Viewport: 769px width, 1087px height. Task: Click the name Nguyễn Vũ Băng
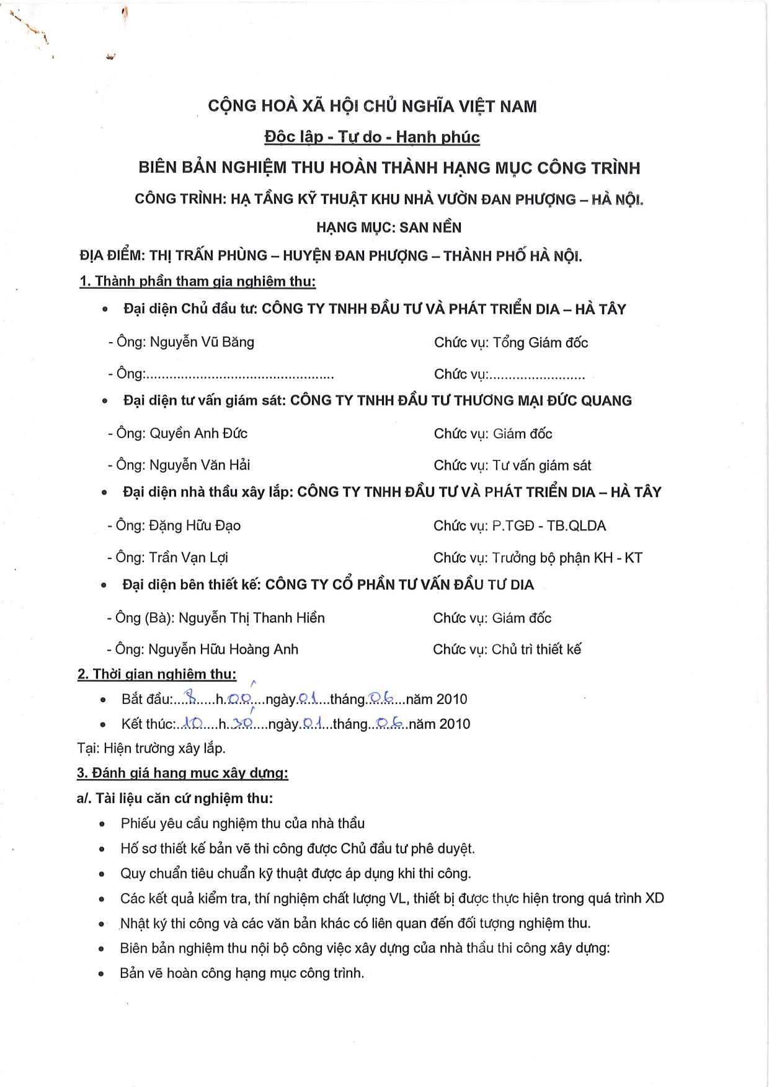(202, 342)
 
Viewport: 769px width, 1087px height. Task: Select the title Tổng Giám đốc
(540, 343)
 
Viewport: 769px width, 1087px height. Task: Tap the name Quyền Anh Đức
(198, 433)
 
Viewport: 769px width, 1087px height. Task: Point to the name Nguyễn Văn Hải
(200, 465)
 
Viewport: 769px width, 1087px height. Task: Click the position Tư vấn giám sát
(541, 465)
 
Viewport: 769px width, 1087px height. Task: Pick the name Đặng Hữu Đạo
(195, 526)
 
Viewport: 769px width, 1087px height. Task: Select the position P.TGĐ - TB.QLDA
(549, 526)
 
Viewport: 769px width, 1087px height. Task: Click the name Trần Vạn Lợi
(189, 557)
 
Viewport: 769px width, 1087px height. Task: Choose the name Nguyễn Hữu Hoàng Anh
(223, 649)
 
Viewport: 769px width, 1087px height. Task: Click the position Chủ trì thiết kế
(536, 649)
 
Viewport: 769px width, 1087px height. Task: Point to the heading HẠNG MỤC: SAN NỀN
(389, 227)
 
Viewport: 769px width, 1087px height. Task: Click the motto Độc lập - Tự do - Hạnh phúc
(371, 137)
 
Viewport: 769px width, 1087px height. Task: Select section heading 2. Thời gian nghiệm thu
(156, 674)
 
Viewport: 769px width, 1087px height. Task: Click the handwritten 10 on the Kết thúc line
(193, 723)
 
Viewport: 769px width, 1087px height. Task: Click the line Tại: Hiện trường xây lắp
(151, 748)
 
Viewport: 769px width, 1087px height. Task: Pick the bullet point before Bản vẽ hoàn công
(102, 974)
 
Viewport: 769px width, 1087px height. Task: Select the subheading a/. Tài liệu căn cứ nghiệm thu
(174, 798)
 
